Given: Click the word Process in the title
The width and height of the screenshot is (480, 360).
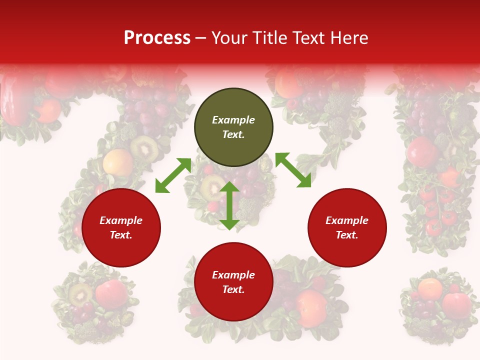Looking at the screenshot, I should click(157, 38).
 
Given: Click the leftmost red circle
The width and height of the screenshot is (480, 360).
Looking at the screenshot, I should click(121, 227).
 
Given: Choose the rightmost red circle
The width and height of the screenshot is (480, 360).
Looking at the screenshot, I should click(347, 227).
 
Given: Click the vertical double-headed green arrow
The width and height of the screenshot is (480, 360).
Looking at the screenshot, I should click(229, 205).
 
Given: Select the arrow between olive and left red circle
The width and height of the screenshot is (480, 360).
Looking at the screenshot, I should click(173, 175).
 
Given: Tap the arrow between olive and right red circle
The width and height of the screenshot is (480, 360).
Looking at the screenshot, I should click(293, 170).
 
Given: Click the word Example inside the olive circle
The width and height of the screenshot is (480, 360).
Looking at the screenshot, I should click(233, 120).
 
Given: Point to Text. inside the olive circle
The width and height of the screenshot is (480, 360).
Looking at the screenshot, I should click(233, 134).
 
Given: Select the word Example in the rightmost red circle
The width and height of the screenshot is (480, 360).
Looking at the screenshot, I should click(347, 220).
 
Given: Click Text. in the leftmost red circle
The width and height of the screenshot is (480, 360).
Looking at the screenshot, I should click(121, 235).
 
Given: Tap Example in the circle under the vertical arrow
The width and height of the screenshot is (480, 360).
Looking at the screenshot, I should click(233, 275).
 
